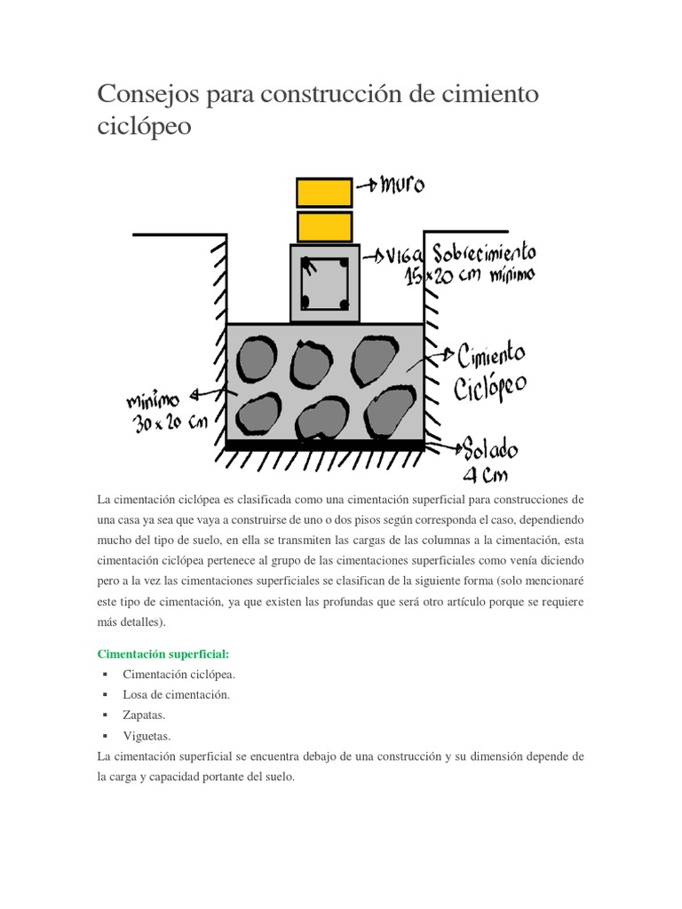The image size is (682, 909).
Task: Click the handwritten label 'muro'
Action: point(402,186)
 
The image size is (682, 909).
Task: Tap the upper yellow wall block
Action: point(323,192)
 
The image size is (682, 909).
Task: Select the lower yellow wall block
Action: point(323,225)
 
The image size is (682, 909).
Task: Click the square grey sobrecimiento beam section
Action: point(325,283)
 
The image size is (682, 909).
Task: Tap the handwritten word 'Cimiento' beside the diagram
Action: point(491,358)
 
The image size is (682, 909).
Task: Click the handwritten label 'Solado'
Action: point(488,446)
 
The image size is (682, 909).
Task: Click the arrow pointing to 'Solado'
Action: point(441,444)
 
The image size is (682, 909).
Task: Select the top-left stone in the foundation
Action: point(258,358)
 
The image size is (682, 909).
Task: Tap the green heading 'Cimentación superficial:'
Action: point(163,654)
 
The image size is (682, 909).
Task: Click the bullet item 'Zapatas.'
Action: point(144,715)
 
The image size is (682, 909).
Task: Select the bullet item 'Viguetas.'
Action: point(147,735)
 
